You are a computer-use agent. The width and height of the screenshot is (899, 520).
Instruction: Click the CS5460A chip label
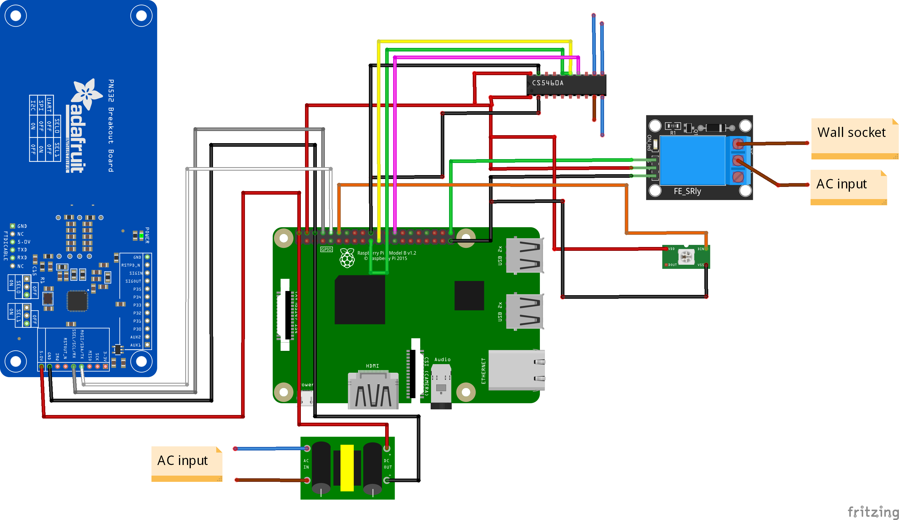click(x=548, y=83)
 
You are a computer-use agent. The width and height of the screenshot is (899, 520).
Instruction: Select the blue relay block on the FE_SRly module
click(x=693, y=161)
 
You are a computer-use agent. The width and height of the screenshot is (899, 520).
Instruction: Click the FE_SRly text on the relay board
click(x=687, y=191)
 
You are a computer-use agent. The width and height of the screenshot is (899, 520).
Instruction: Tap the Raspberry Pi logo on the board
click(x=347, y=258)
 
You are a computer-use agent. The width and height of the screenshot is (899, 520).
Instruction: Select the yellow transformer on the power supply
click(x=347, y=468)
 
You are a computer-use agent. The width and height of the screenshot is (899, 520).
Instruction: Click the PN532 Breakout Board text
click(x=111, y=125)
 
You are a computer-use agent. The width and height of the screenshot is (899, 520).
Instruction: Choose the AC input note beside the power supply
click(x=182, y=461)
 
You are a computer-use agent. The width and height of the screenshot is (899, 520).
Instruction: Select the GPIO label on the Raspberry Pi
click(x=326, y=250)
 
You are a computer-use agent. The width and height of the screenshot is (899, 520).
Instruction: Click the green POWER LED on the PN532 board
click(x=141, y=236)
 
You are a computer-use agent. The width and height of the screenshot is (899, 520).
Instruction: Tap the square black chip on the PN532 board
click(x=77, y=301)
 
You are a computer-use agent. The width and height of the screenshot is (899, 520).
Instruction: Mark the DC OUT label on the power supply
click(x=388, y=464)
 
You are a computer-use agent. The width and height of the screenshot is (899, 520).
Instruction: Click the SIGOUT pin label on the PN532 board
click(x=133, y=281)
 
